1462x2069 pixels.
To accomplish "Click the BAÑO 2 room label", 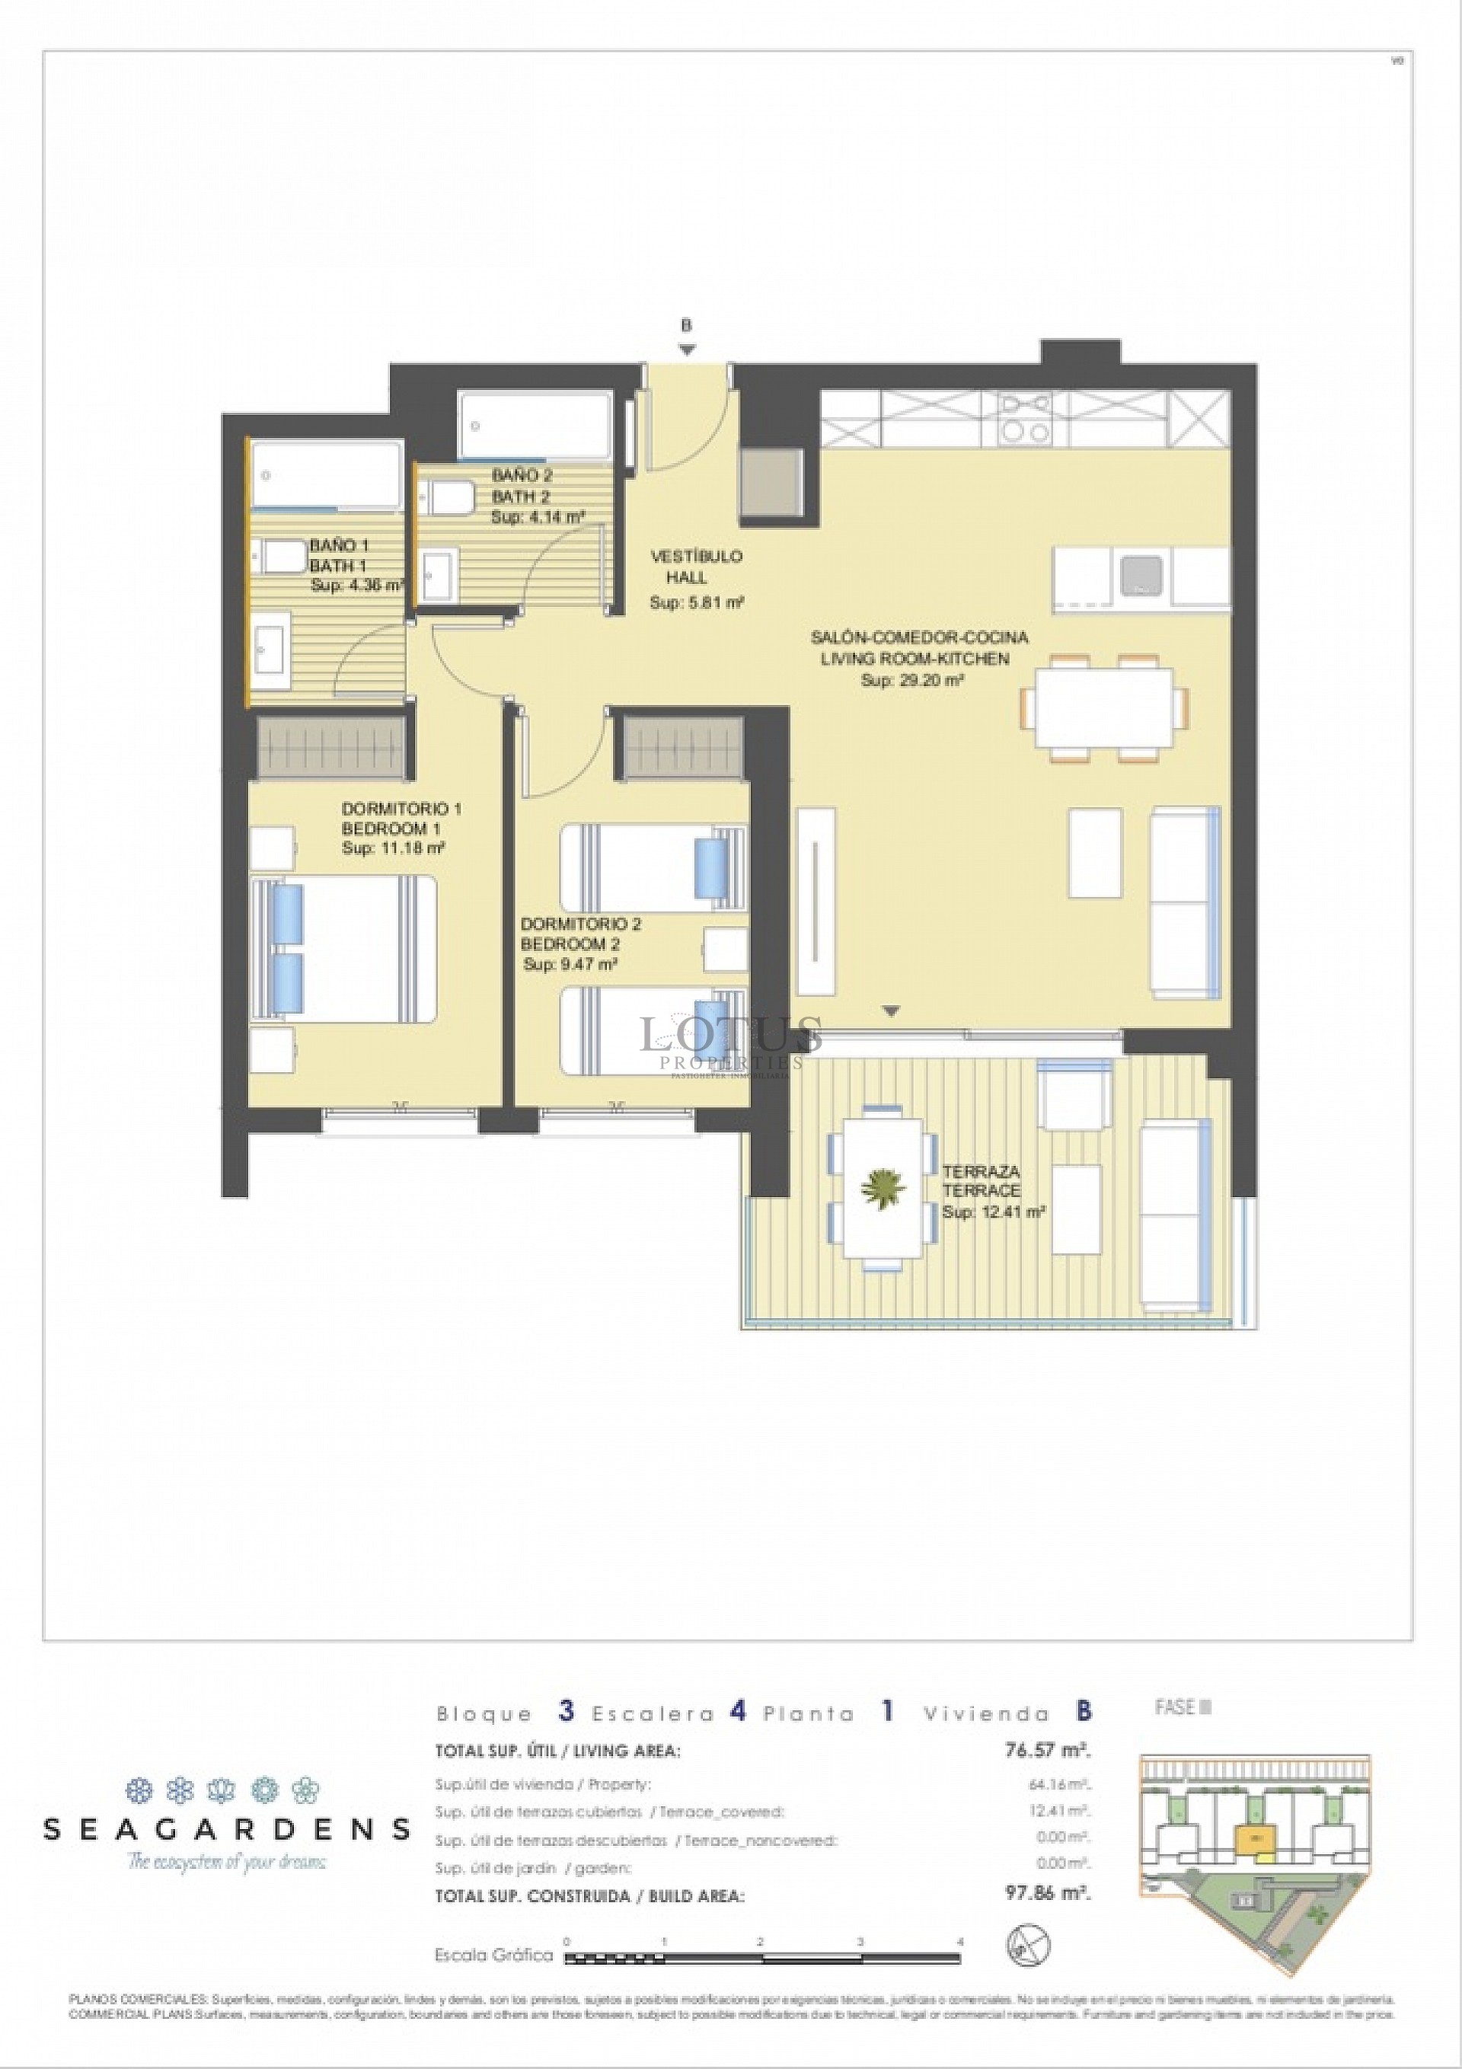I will point(521,475).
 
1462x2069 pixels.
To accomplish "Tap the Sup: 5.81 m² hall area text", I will point(696,603).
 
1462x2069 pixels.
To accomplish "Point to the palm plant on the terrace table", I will point(883,1189).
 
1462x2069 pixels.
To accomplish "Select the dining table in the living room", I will point(1104,707).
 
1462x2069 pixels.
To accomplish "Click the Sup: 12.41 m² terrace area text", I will point(993,1213).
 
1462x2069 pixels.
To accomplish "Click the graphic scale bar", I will point(761,1957).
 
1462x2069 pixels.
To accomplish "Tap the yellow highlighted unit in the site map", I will point(1251,1838).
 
